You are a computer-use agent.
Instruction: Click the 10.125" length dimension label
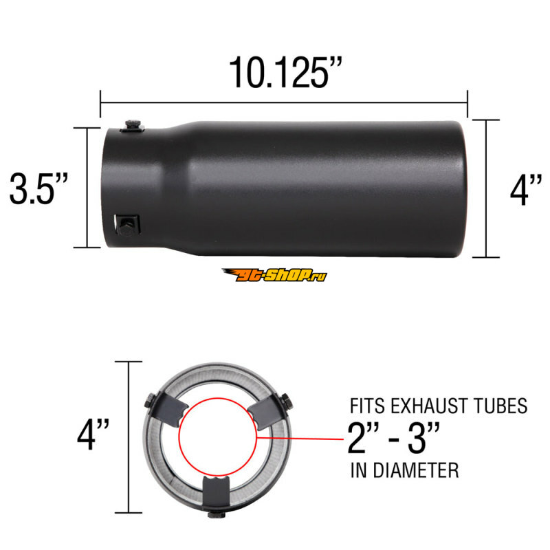(285, 73)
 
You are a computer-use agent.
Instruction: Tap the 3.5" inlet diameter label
(38, 188)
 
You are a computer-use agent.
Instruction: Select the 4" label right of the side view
(526, 191)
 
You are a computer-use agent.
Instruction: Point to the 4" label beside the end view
(93, 434)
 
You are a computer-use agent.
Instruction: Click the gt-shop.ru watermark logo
(274, 274)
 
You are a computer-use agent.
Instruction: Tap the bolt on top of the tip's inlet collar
(133, 125)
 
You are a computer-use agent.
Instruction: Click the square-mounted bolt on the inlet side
(127, 225)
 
